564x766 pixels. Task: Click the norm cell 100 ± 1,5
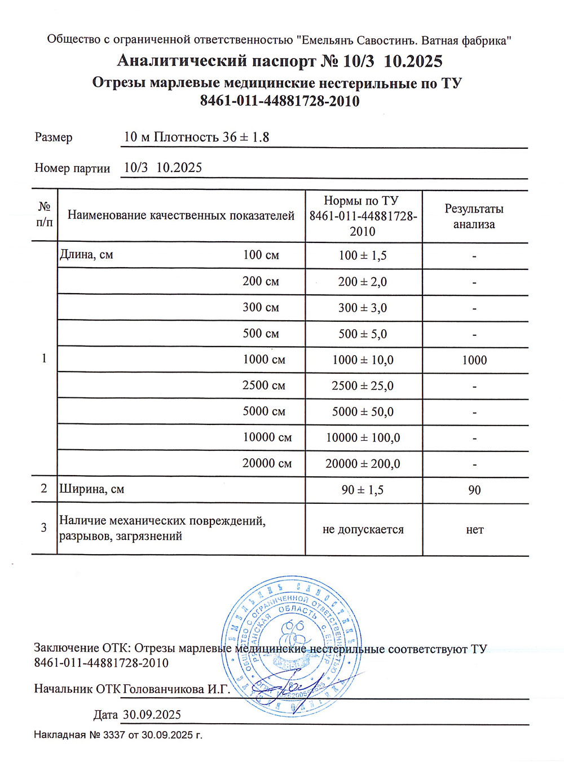point(363,255)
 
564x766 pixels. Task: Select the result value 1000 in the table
point(474,360)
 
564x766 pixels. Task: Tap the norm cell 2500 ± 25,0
point(363,386)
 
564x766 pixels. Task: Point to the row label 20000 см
point(267,463)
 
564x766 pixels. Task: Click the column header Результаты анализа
point(474,216)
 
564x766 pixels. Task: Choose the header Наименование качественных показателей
point(181,215)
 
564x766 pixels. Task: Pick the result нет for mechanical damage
point(475,530)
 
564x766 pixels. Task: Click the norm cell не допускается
point(363,530)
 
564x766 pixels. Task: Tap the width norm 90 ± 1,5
point(363,490)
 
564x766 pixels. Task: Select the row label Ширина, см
point(92,489)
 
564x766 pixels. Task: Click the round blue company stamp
point(291,645)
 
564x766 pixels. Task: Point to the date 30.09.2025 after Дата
point(152,715)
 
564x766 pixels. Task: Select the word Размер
point(54,137)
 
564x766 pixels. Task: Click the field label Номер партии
point(72,168)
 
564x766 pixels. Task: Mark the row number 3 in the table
point(44,528)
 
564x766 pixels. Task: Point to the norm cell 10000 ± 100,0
point(363,438)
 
